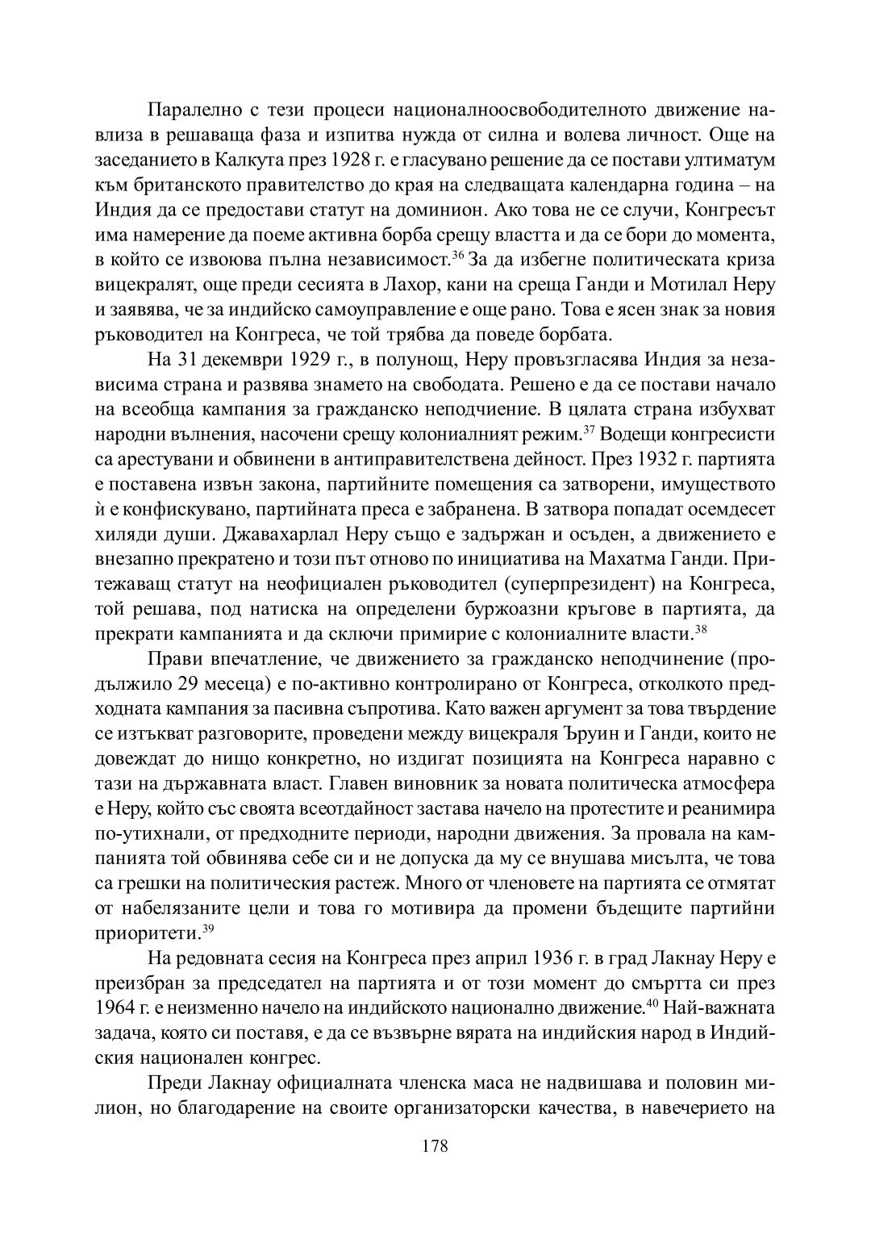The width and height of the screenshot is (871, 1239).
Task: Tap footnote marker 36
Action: pos(457,256)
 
